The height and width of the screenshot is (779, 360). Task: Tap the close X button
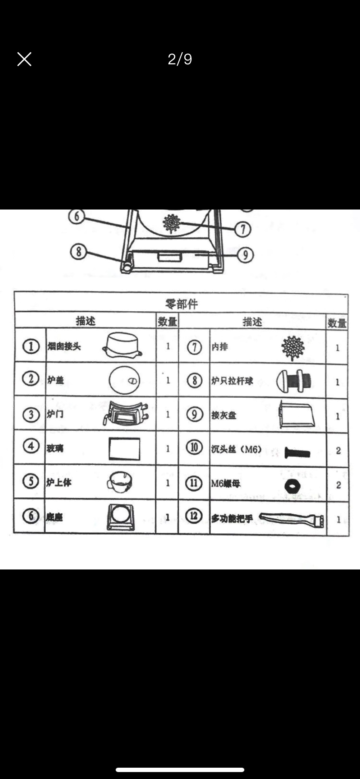point(24,59)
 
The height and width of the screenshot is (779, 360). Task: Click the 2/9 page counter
point(180,59)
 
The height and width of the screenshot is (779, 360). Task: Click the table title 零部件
point(181,304)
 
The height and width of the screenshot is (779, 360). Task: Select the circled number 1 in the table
point(30,347)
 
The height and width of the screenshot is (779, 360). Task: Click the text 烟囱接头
point(64,347)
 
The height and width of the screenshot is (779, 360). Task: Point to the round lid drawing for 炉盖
point(124,380)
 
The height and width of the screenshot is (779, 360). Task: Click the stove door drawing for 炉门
point(125,414)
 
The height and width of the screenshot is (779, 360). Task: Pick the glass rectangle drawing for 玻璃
point(124,449)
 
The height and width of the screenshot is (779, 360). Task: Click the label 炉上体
point(59,483)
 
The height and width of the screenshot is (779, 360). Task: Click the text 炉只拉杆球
point(232,381)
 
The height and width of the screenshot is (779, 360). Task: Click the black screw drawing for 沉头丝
point(297,453)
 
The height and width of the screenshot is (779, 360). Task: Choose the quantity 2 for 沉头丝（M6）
point(338,451)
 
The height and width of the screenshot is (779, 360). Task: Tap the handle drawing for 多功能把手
point(291,519)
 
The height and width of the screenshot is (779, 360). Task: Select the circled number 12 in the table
point(194,516)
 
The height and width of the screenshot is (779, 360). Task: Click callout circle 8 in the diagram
point(79,252)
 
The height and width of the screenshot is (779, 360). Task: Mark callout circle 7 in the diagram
point(243,229)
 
